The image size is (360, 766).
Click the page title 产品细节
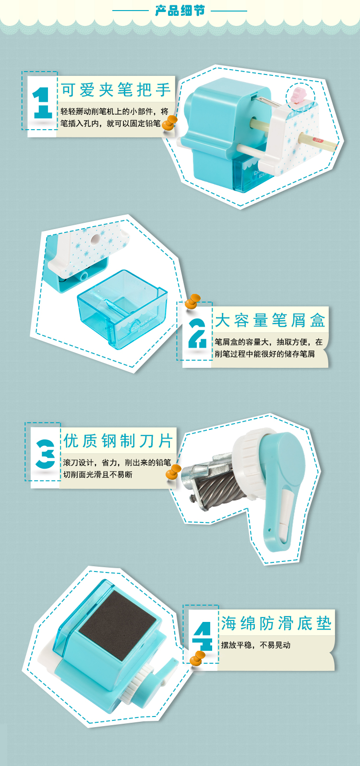180,11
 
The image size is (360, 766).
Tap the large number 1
42,103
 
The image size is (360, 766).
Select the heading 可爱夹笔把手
116,90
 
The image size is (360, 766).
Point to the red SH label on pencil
318,140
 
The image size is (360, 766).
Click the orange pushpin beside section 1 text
169,122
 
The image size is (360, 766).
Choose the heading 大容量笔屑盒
270,320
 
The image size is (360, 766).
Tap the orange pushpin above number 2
192,301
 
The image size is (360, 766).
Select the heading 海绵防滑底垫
276,623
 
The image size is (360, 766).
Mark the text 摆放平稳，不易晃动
255,645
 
